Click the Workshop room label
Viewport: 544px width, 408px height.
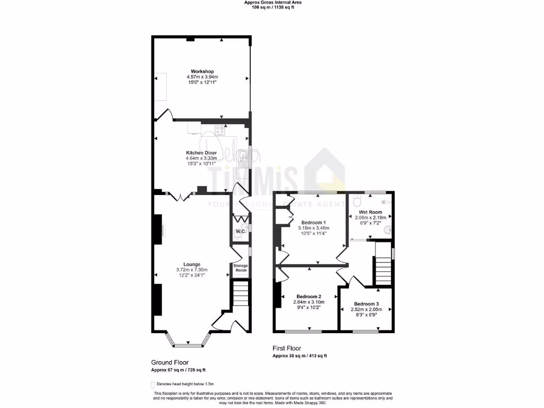202,71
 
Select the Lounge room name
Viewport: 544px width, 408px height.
192,264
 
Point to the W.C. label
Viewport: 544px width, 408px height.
241,232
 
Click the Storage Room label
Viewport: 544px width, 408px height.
241,268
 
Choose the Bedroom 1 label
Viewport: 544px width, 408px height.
313,222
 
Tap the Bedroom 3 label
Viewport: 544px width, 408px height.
367,303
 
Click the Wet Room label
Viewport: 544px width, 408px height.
370,212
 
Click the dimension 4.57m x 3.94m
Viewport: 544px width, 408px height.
202,77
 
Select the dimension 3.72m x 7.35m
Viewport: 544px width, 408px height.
192,270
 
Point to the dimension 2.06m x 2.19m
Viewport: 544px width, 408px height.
370,218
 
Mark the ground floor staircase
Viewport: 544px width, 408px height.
241,294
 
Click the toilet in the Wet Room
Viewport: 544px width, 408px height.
357,201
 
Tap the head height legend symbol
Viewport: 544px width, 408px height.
152,384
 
